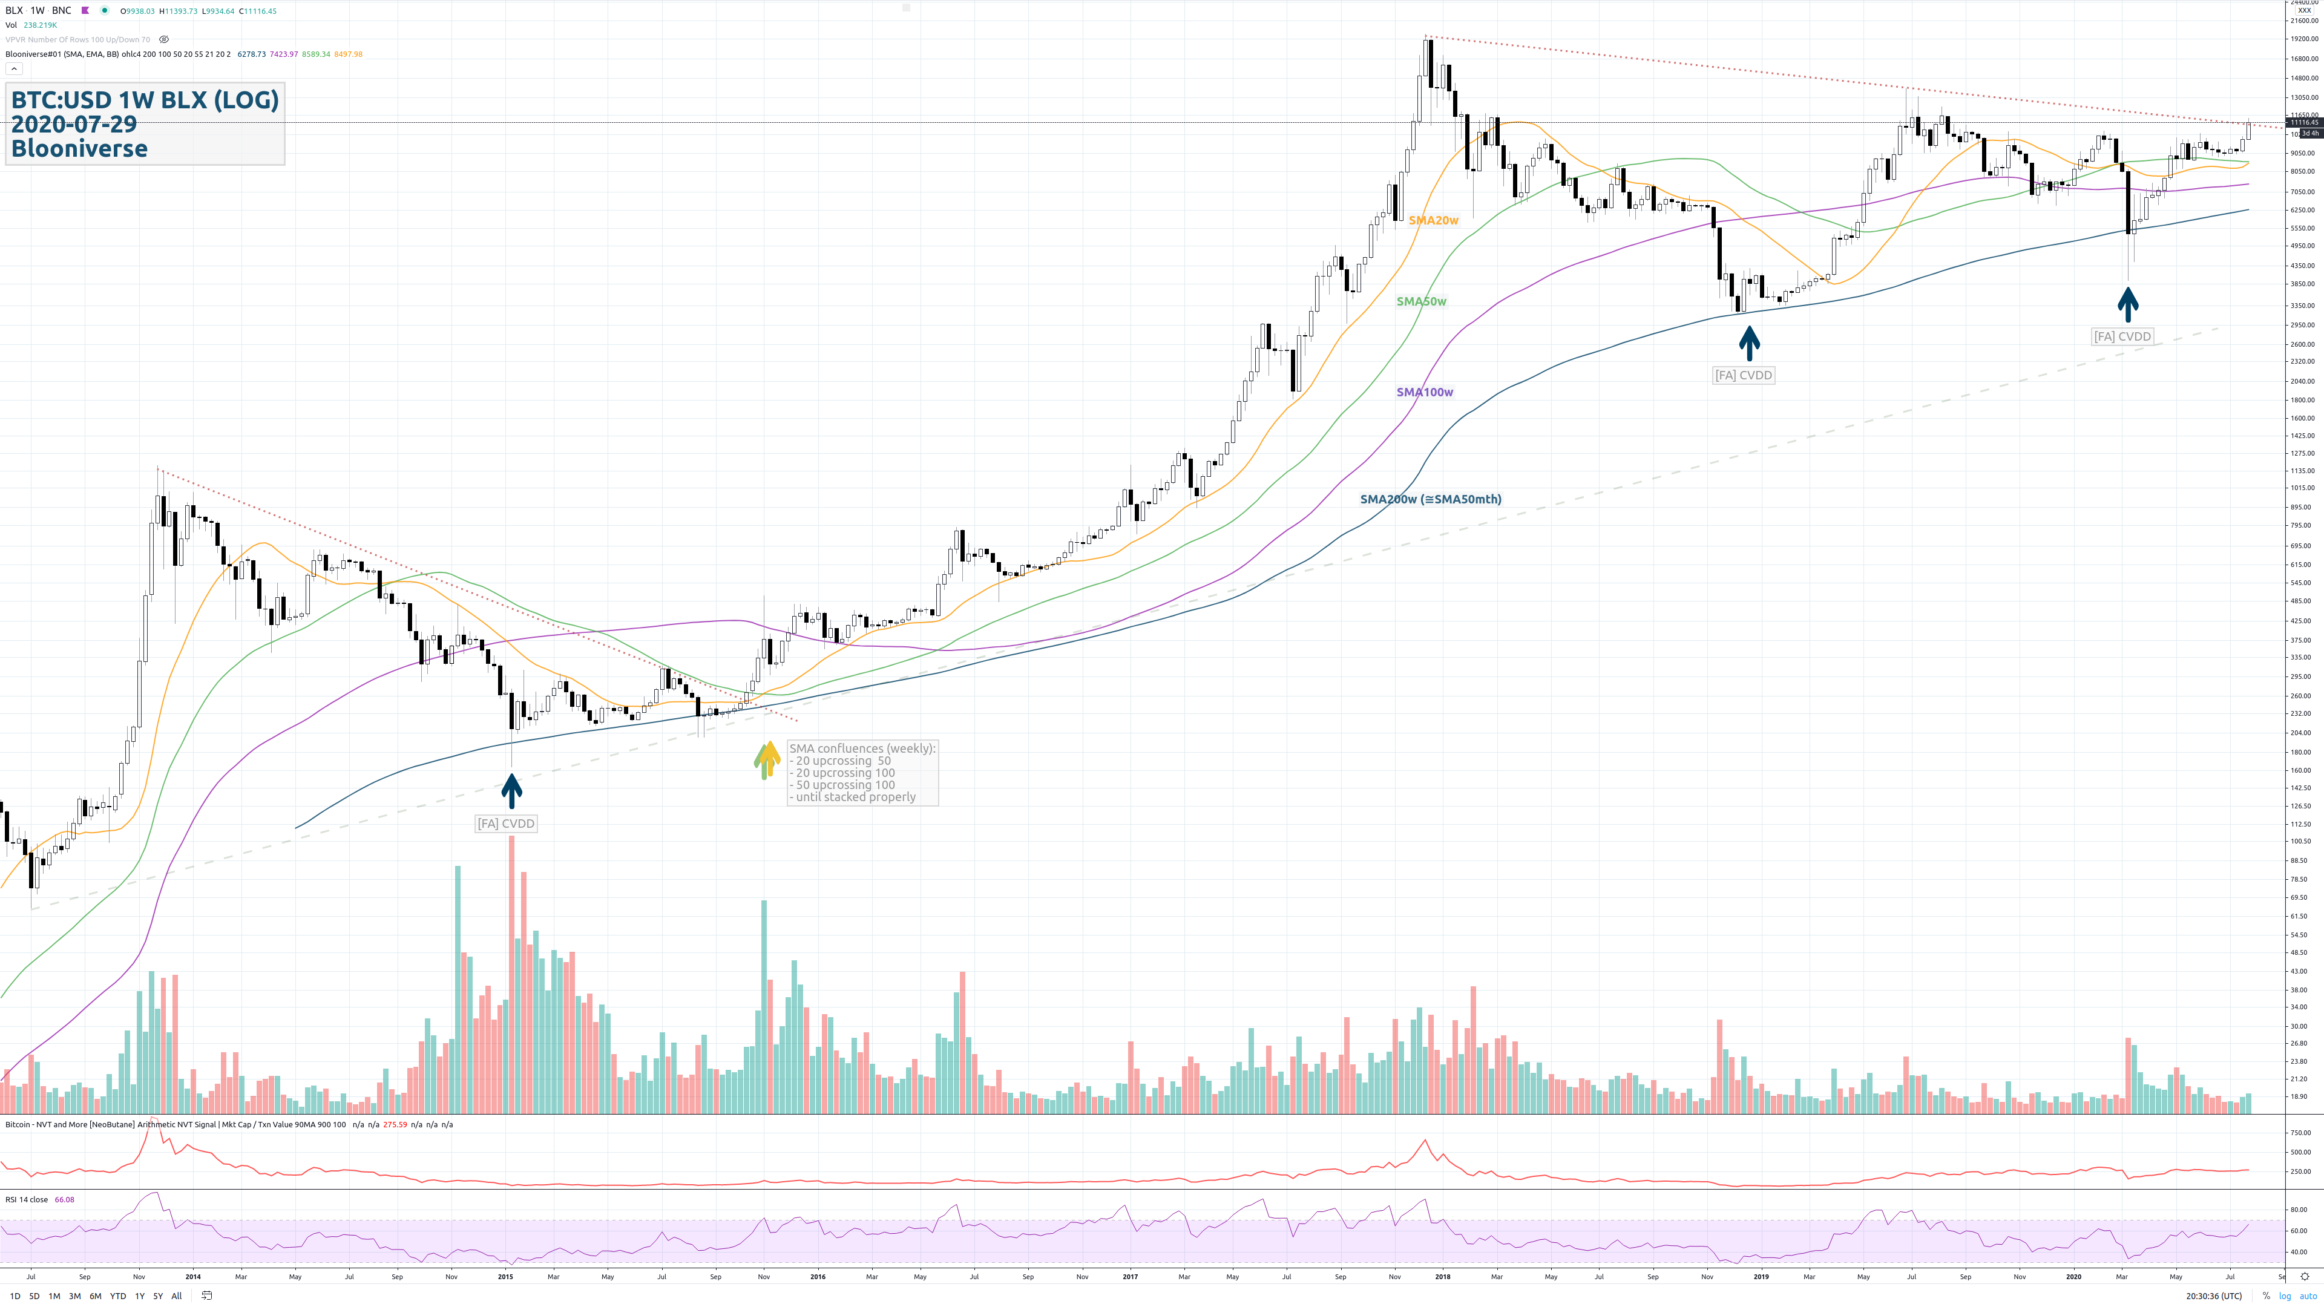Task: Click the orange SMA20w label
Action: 1433,220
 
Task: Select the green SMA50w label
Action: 1421,301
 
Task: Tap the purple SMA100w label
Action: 1425,392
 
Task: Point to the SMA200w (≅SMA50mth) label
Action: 1430,499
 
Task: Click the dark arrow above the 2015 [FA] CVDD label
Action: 511,790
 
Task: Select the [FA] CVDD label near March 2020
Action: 2122,336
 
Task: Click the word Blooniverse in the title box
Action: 79,149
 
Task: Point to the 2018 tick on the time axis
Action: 1443,1276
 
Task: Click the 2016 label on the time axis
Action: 818,1276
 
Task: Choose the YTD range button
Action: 117,1296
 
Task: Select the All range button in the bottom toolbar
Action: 177,1296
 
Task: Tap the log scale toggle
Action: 2284,1296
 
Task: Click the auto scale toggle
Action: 2308,1296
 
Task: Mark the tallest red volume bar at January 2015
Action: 511,974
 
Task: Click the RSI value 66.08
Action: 64,1200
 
